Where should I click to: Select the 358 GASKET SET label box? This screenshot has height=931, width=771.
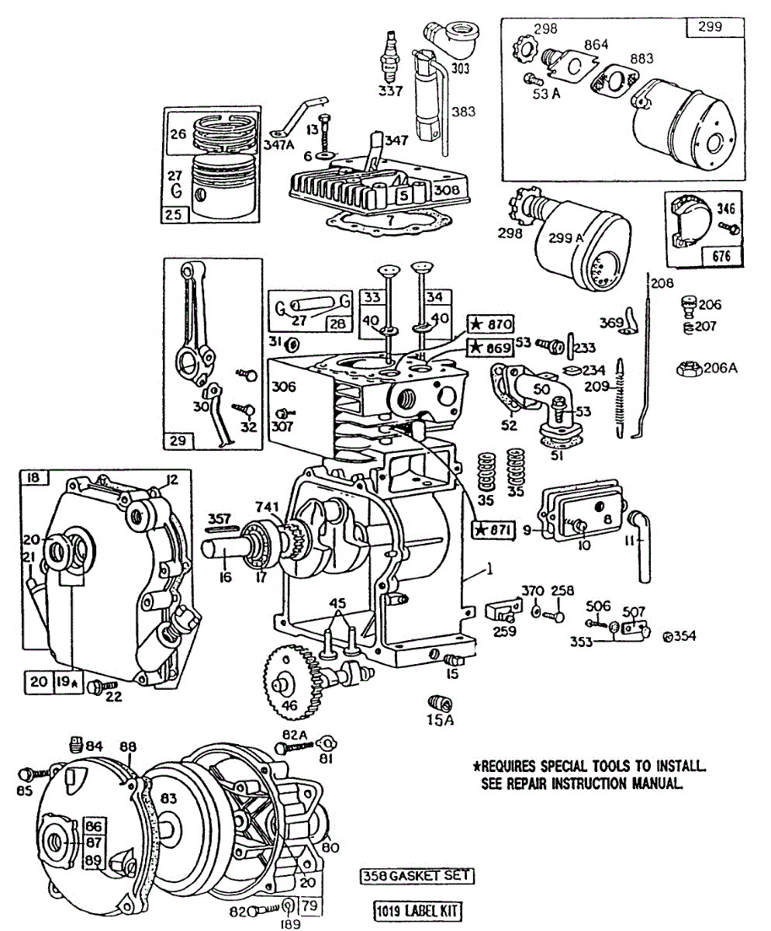point(417,875)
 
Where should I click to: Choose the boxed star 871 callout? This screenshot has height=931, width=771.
point(493,529)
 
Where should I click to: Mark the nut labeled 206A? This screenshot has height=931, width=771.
point(686,368)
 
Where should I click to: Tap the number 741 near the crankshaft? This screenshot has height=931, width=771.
point(267,506)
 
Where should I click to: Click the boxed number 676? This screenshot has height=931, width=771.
point(719,256)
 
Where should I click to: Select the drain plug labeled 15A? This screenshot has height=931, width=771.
point(439,703)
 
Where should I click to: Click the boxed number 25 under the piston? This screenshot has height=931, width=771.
point(174,214)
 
